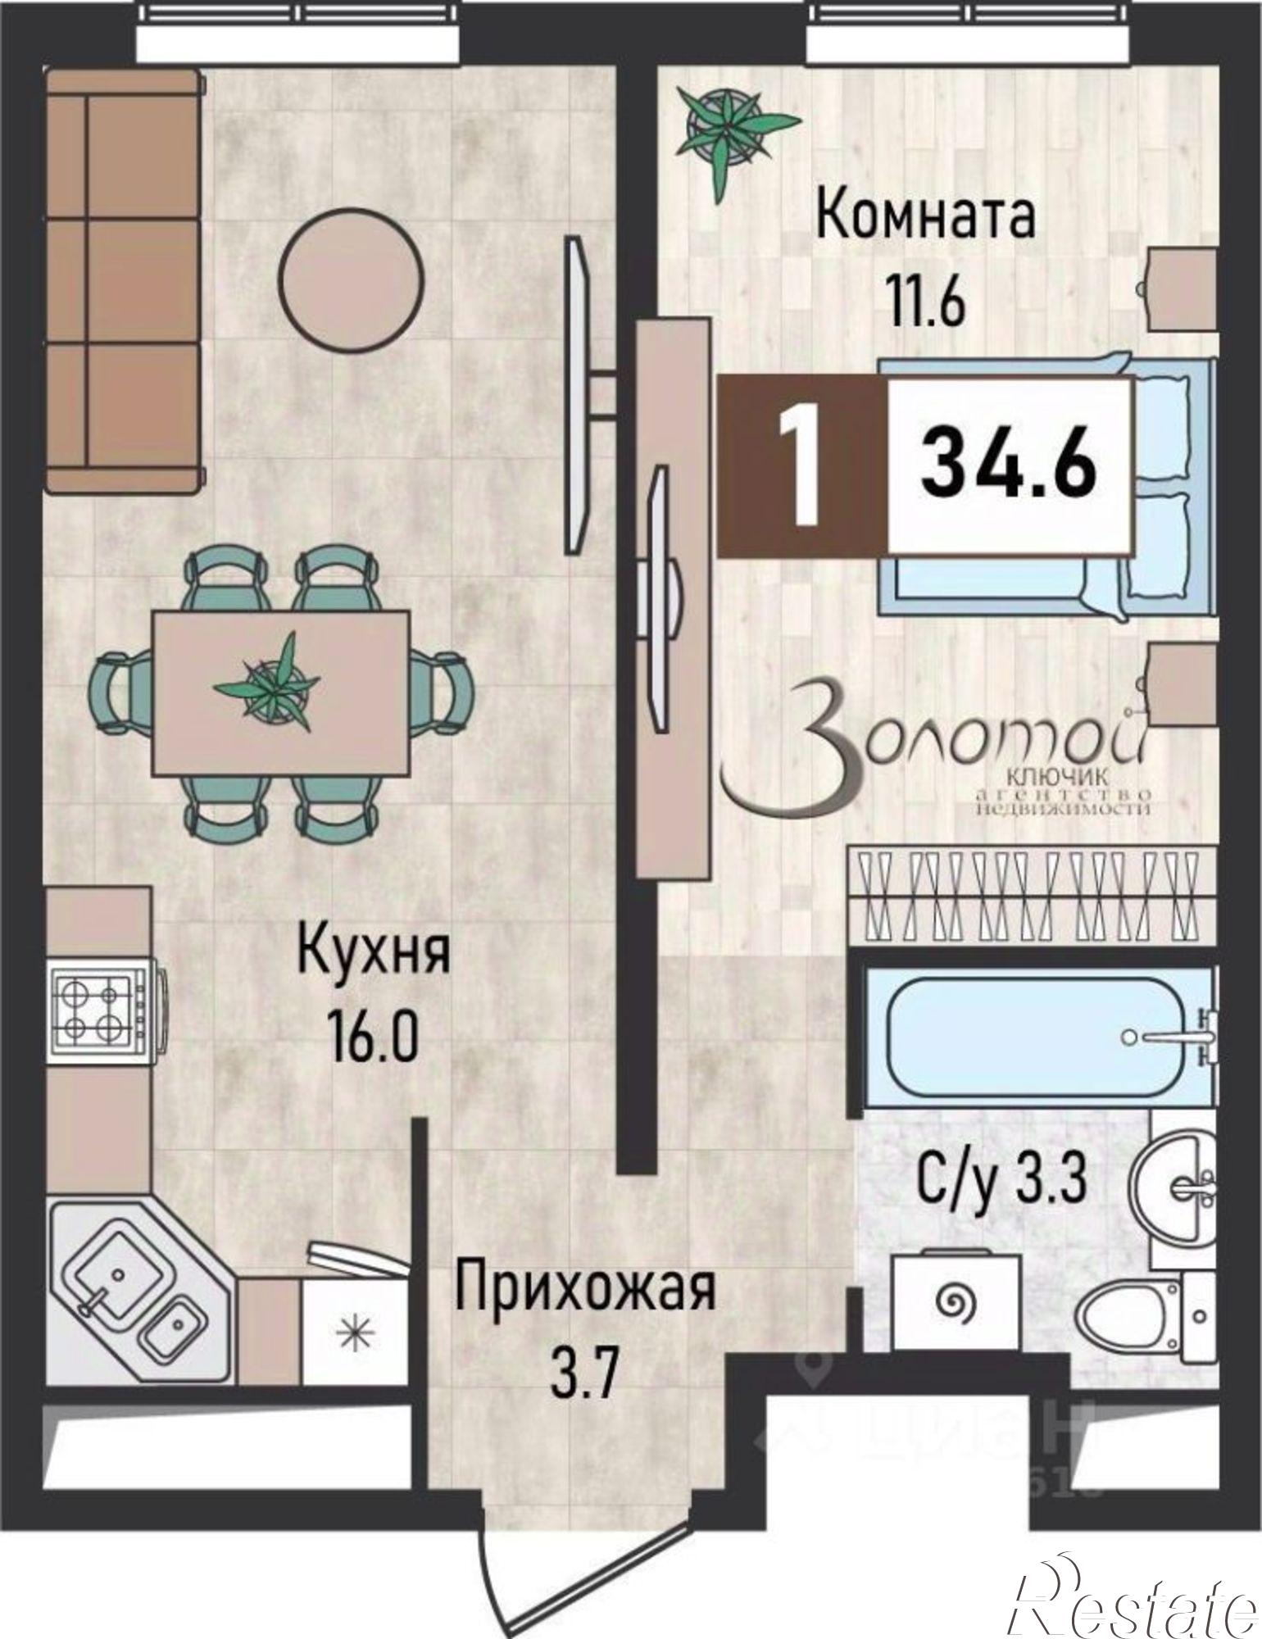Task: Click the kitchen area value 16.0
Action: (x=373, y=1035)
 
